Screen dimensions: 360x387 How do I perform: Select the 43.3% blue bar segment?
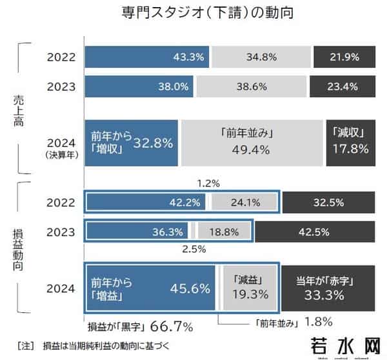tap(147, 57)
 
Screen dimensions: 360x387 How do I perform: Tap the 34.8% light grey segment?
tap(261, 57)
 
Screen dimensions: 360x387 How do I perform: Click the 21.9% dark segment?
tap(344, 57)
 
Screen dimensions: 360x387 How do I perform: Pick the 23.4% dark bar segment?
tap(341, 86)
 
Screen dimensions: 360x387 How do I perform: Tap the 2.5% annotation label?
tap(193, 249)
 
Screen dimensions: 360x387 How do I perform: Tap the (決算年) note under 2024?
tap(61, 155)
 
